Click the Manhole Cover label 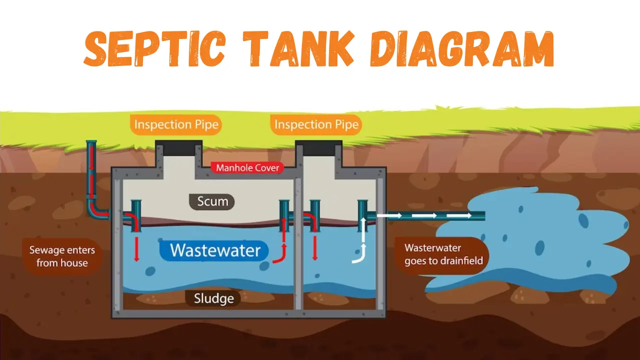[x=247, y=167]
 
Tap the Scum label [x=212, y=201]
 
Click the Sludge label [x=214, y=298]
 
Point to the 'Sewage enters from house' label [x=62, y=256]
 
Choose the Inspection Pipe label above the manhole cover [x=176, y=124]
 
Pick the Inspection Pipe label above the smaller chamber [x=316, y=124]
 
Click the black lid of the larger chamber [x=179, y=148]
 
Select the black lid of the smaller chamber [x=318, y=148]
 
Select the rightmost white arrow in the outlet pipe [x=460, y=215]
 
